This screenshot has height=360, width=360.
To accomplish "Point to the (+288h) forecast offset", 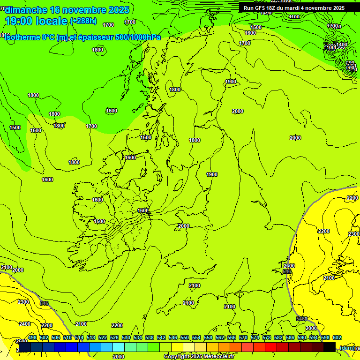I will click(83, 21).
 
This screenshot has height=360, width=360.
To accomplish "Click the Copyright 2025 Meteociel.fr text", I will click(199, 357).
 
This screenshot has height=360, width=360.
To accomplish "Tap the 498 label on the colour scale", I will click(32, 337).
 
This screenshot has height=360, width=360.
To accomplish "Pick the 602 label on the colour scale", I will click(337, 337).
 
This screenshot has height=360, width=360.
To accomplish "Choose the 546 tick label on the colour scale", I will click(173, 337).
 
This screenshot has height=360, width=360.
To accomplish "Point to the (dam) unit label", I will click(347, 348).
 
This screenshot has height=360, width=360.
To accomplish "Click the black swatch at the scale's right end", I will click(330, 347).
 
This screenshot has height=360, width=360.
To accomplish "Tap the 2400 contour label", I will click(25, 324).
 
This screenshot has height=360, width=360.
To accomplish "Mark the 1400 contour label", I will click(341, 45).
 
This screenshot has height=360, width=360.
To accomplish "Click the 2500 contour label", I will click(22, 342).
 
